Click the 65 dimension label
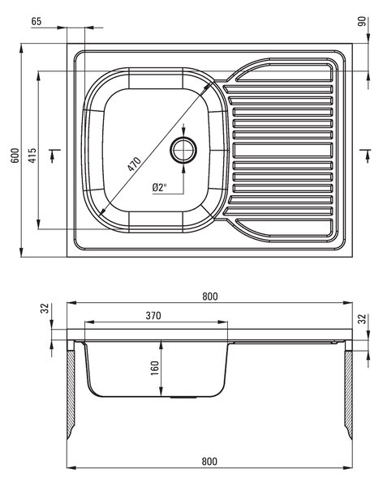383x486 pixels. tap(37, 21)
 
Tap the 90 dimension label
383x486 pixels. tap(362, 22)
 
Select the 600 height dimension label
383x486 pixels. tap(15, 156)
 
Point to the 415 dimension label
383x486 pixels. tap(32, 156)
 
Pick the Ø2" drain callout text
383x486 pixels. tap(160, 187)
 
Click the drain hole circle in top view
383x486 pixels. tap(183, 151)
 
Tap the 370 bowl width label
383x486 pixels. tap(153, 316)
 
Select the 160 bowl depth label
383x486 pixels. tap(154, 368)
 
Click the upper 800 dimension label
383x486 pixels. tap(210, 296)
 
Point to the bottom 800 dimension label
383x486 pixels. tap(209, 461)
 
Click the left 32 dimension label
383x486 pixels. tap(45, 308)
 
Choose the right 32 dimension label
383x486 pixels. tap(362, 319)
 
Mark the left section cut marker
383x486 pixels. tap(54, 156)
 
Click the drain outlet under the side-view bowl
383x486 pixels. tap(183, 397)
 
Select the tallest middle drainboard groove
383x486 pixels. tap(282, 150)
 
